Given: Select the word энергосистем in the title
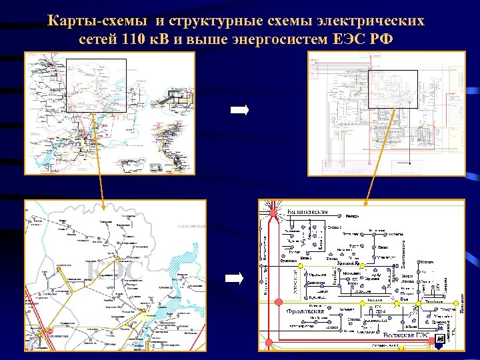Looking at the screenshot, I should (279, 38).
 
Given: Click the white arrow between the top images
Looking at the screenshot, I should (239, 110).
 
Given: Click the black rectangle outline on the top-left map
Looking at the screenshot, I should (96, 85).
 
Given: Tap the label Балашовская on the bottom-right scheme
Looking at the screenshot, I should (307, 212).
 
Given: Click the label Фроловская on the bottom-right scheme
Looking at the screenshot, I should (305, 311).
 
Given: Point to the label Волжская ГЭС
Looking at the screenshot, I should (406, 335).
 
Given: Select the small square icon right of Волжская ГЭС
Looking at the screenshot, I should (439, 340).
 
